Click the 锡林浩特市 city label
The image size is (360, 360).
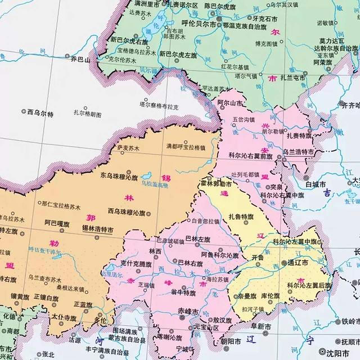pos(98,230)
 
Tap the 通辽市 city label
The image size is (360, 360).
pos(298,263)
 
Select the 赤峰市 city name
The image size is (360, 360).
pos(188,311)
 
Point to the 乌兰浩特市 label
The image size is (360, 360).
pos(298,152)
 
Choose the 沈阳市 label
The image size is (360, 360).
pos(337,353)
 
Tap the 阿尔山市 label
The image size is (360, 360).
pos(230,103)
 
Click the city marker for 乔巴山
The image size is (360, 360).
pos(67,56)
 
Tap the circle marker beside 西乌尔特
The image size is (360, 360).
pos(24,111)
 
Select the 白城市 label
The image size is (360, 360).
pos(316,184)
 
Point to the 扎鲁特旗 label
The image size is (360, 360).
pos(241,217)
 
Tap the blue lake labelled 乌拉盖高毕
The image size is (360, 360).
pos(147,176)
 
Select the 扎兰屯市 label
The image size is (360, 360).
pos(293,78)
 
